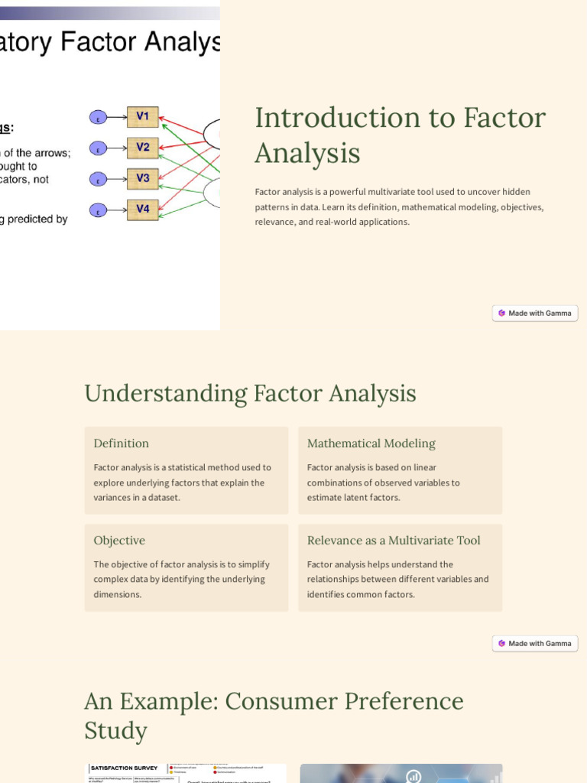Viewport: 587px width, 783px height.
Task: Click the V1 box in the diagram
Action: [143, 117]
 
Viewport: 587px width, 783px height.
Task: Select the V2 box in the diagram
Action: [143, 148]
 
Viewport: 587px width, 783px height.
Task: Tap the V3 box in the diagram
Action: [143, 179]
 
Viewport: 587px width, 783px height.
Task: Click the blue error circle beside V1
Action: [98, 118]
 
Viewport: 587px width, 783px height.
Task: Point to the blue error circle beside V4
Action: [98, 210]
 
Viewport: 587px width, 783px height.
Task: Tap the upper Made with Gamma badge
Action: [535, 313]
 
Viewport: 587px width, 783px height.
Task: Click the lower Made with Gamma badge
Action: [535, 643]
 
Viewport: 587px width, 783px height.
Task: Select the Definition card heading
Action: [122, 443]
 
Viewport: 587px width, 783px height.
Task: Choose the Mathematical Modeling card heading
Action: [371, 443]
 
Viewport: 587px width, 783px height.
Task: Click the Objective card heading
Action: [119, 541]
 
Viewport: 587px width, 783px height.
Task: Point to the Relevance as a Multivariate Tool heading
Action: [394, 541]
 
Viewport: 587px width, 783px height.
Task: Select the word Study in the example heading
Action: [115, 731]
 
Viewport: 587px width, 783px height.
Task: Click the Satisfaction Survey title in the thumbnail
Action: [125, 768]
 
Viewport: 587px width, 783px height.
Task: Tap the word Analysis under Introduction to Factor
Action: [307, 154]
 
